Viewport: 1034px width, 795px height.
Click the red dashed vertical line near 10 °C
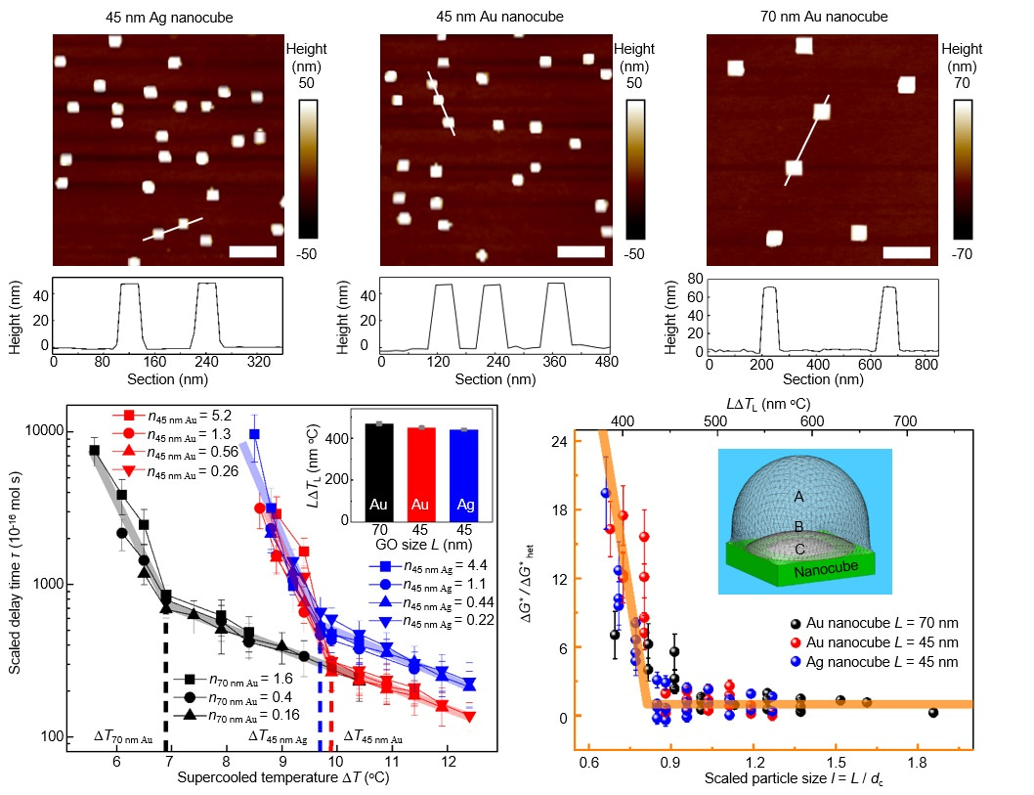[331, 704]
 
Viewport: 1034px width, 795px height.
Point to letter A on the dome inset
[799, 497]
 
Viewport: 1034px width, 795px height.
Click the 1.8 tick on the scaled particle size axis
[917, 760]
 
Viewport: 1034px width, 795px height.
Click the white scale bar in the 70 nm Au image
[906, 252]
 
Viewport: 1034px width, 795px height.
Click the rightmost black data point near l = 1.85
[933, 713]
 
